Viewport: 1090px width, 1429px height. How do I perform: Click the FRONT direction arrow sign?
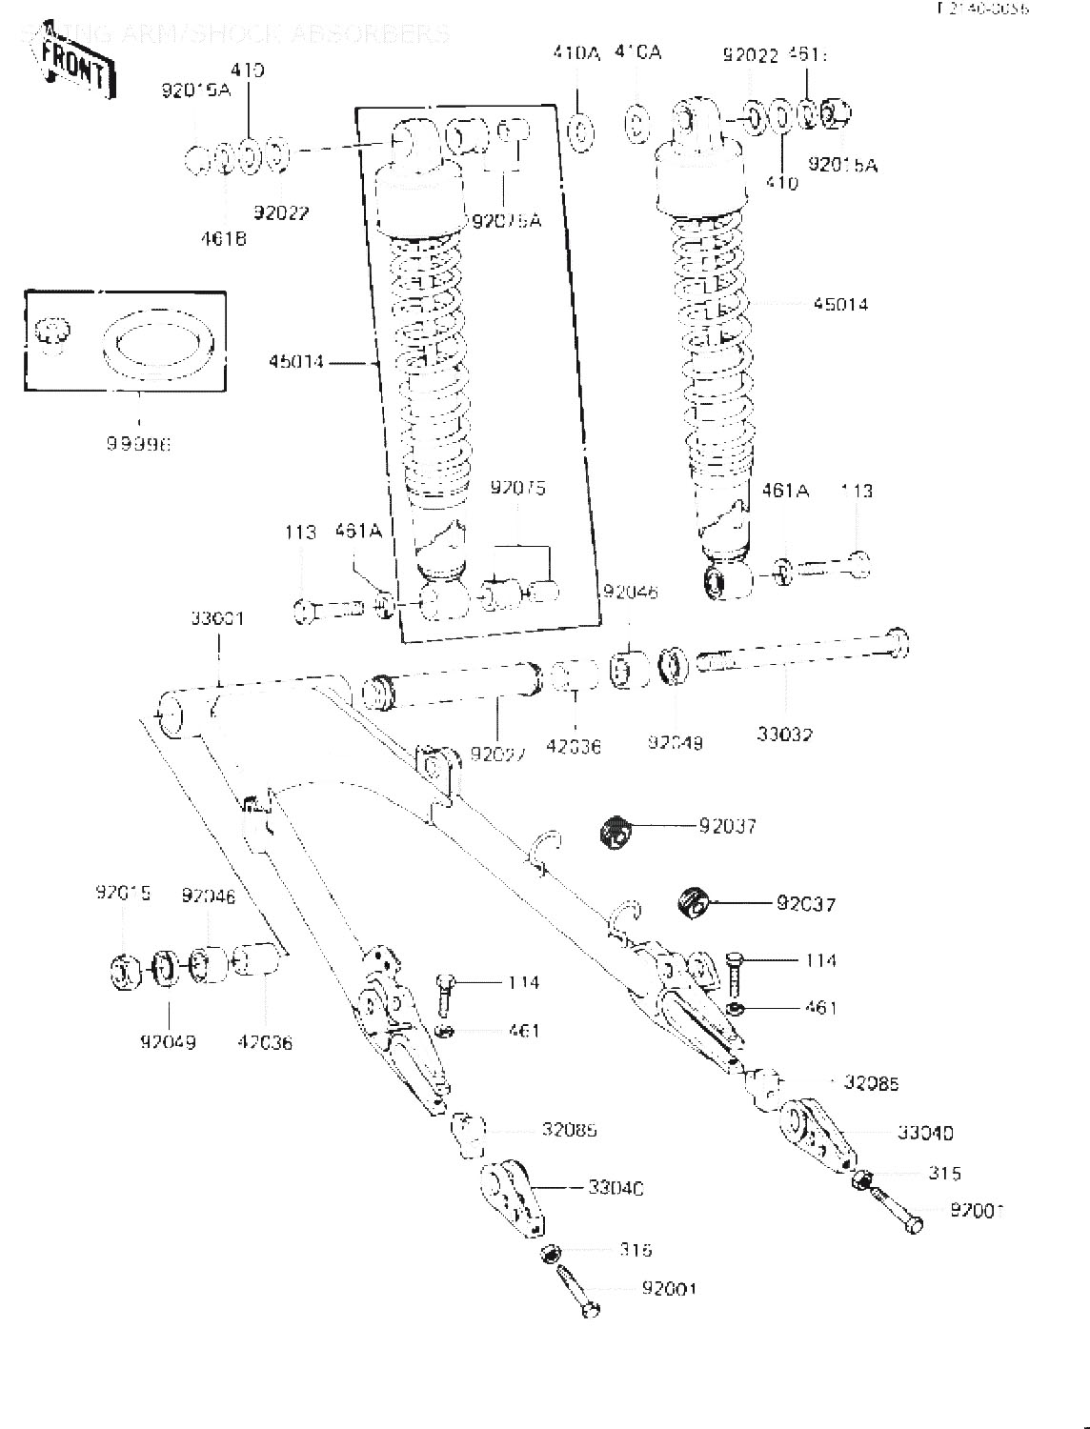pos(76,65)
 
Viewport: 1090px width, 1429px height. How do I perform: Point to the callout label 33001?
pos(217,618)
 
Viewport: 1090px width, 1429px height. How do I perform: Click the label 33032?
pos(785,734)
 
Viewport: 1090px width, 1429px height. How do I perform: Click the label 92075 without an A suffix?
pos(518,489)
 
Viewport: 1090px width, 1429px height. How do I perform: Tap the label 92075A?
pos(506,221)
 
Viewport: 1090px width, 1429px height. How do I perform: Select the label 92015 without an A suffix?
pos(123,894)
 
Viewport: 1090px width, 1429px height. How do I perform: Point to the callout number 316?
pos(635,1250)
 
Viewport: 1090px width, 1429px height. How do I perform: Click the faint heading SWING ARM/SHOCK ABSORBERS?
pos(233,34)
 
